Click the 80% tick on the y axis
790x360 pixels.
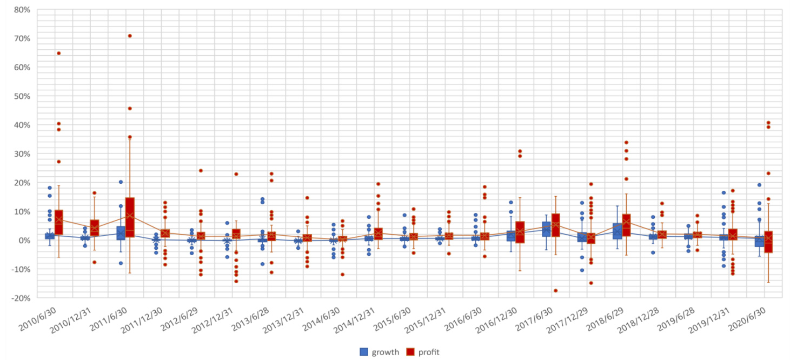pyautogui.click(x=22, y=10)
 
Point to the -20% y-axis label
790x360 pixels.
pyautogui.click(x=21, y=298)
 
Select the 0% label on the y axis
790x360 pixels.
pyautogui.click(x=24, y=240)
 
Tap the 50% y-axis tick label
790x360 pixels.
pyautogui.click(x=22, y=96)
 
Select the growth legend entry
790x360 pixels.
pyautogui.click(x=380, y=352)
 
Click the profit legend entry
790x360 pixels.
pyautogui.click(x=423, y=352)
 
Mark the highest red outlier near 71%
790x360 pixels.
pyautogui.click(x=130, y=36)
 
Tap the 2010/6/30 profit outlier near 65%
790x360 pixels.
pyautogui.click(x=58, y=53)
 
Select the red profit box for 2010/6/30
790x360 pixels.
pyautogui.click(x=59, y=222)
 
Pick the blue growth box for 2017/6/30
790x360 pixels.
pyautogui.click(x=547, y=229)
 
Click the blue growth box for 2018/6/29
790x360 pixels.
pyautogui.click(x=618, y=231)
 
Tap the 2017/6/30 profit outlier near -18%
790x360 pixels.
pyautogui.click(x=555, y=291)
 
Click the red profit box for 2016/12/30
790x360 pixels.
pyautogui.click(x=520, y=232)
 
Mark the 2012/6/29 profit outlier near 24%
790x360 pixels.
pyautogui.click(x=201, y=171)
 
